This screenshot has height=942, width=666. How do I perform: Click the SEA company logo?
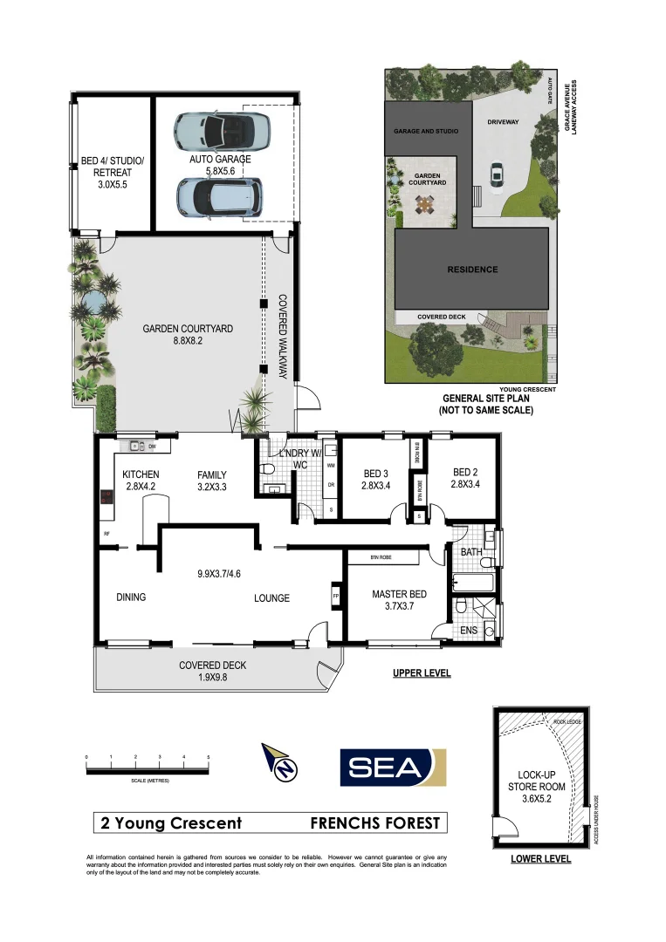pos(393,767)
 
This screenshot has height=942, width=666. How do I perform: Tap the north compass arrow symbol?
pos(281,762)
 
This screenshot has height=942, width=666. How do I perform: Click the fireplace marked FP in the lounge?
pos(335,597)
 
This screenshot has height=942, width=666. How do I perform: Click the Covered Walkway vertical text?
pos(283,335)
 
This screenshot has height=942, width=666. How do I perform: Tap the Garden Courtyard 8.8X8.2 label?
pos(188,336)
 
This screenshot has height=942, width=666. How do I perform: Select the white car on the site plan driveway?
pos(497,175)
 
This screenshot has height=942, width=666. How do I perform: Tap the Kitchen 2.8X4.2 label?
pos(140,481)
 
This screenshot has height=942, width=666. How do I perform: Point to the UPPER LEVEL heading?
pos(420,673)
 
